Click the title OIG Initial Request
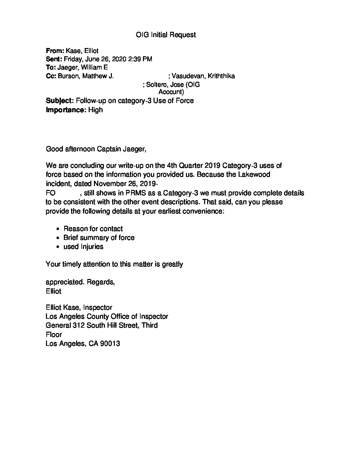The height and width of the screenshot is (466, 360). coord(166,35)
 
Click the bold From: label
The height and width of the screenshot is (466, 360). coord(55,51)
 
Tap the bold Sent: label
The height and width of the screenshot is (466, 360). coord(54,59)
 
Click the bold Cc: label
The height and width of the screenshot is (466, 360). coord(51,76)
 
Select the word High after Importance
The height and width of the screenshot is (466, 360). coord(96,110)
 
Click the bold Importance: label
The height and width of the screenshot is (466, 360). coord(66,110)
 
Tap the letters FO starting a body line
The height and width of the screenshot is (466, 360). coord(51,193)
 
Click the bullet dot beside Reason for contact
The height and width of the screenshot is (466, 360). coord(58,229)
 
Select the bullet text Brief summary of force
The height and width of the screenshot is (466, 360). coord(99,238)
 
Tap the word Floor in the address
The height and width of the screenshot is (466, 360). coord(54,335)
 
